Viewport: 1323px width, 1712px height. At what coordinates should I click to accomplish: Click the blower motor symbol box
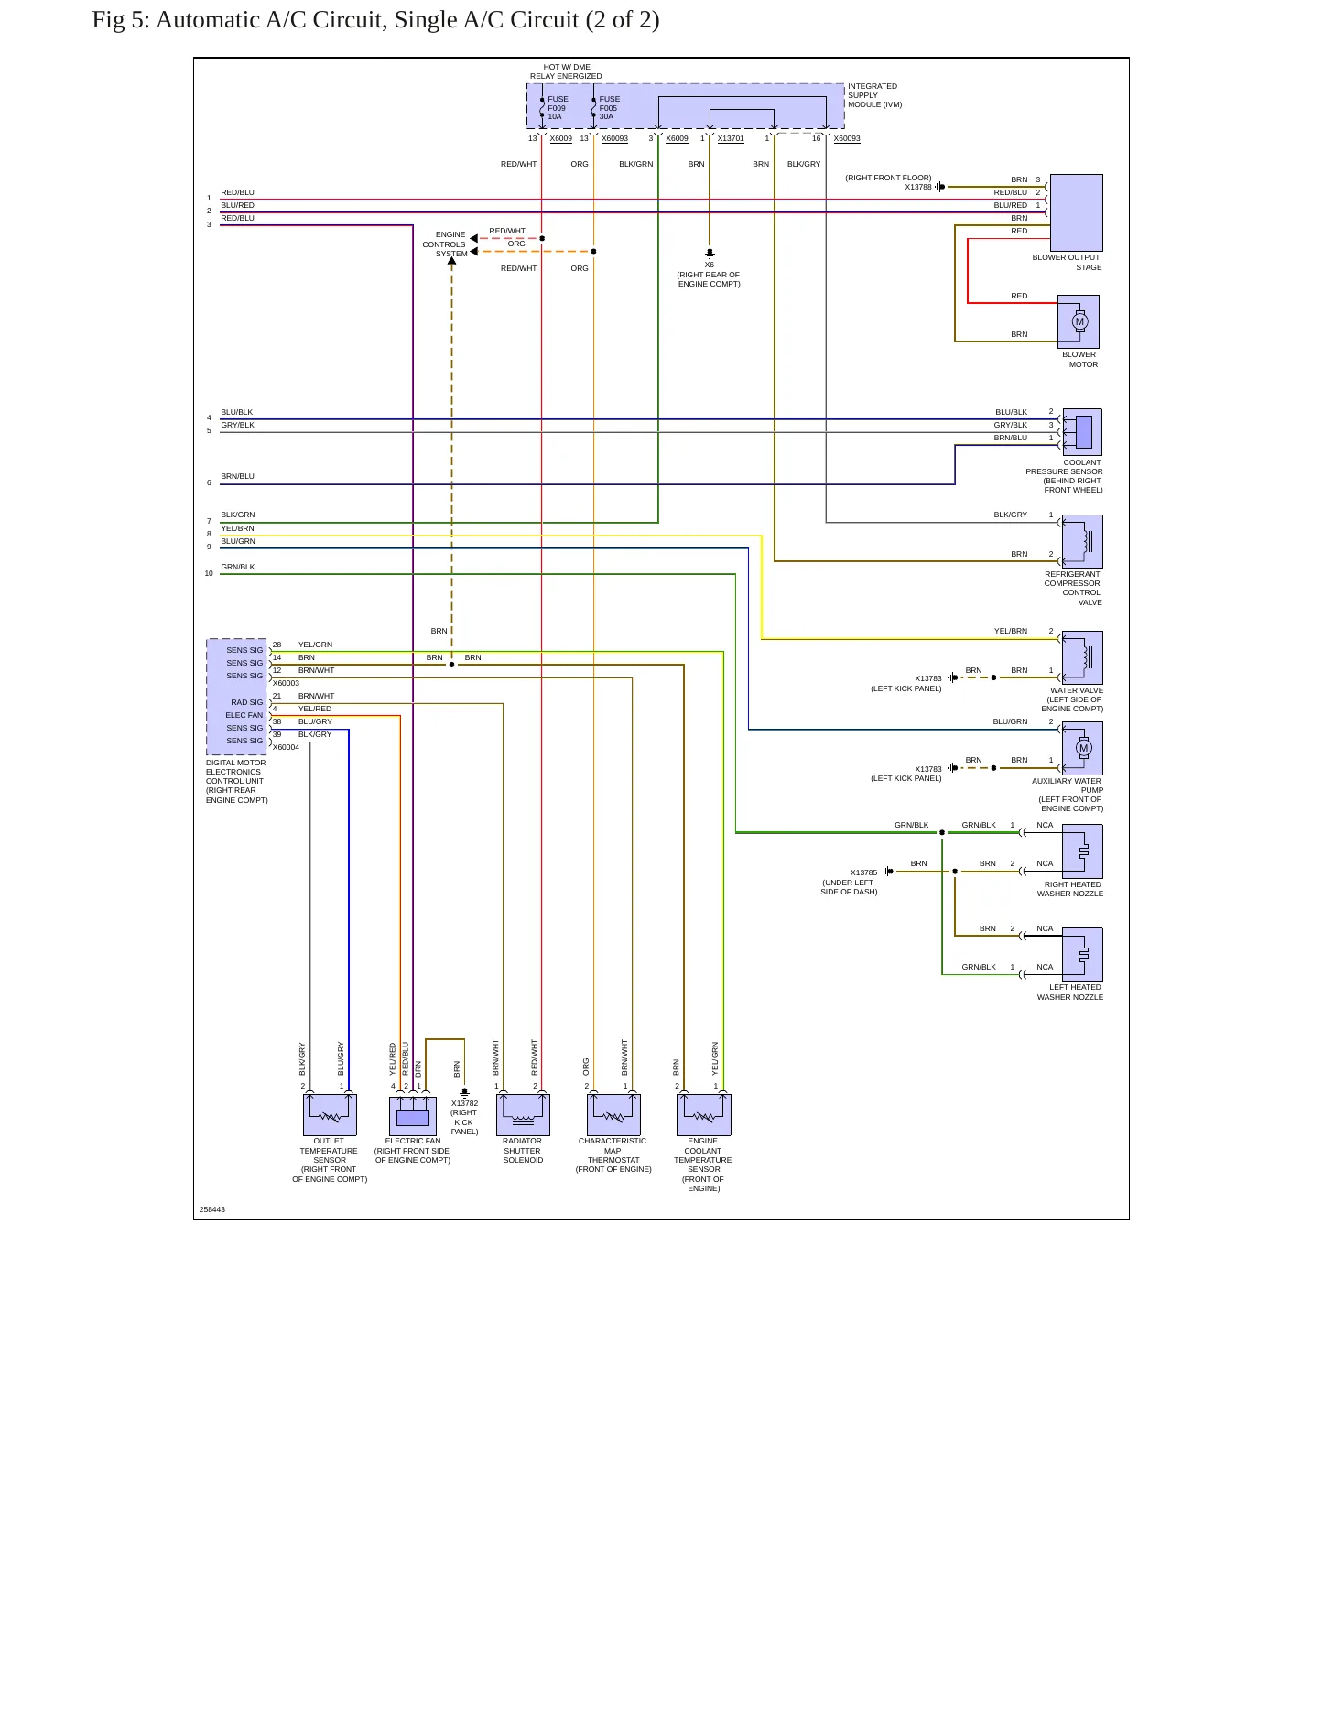click(x=1079, y=321)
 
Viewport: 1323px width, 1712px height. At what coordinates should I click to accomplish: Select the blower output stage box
click(x=1076, y=212)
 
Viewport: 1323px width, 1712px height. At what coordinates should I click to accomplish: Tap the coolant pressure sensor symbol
click(x=1082, y=432)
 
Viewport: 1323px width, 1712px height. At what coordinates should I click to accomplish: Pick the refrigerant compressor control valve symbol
click(x=1082, y=541)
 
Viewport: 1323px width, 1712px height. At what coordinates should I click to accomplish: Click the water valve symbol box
click(x=1082, y=657)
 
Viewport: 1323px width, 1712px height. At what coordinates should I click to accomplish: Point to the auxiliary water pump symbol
click(x=1082, y=748)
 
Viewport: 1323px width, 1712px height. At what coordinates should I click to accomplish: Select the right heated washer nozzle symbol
click(x=1082, y=851)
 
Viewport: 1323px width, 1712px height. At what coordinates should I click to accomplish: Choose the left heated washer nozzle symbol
click(x=1082, y=955)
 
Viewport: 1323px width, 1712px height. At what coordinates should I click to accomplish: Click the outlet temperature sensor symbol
click(x=330, y=1115)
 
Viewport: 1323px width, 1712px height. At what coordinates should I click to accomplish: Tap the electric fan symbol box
click(x=413, y=1115)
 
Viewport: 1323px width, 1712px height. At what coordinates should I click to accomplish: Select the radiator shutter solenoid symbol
click(x=523, y=1115)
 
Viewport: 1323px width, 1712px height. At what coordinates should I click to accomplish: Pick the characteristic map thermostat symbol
click(x=613, y=1115)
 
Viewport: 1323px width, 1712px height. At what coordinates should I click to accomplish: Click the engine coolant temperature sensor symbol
click(x=704, y=1115)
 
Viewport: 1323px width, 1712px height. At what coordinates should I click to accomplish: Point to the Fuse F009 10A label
click(x=558, y=108)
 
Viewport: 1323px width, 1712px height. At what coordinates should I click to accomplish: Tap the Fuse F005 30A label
click(x=609, y=108)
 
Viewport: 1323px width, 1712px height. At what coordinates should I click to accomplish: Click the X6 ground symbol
click(x=710, y=253)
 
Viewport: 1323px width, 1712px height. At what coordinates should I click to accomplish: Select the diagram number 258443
click(x=212, y=1209)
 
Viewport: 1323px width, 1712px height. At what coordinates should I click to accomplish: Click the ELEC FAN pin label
click(x=244, y=715)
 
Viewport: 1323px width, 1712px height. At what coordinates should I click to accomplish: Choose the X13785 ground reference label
click(x=863, y=872)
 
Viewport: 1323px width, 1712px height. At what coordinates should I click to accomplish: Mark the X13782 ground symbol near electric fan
click(x=465, y=1092)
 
